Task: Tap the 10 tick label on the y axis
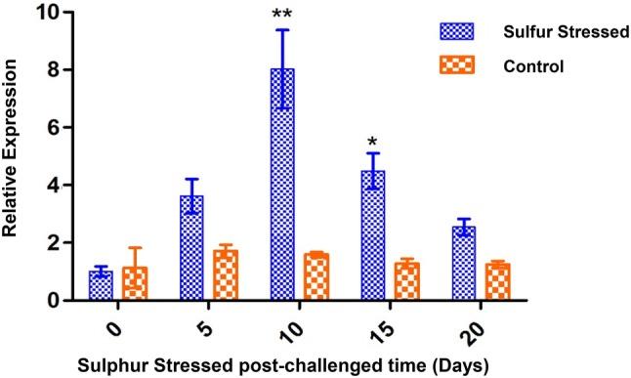tap(47, 13)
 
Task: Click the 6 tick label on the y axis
tap(52, 128)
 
